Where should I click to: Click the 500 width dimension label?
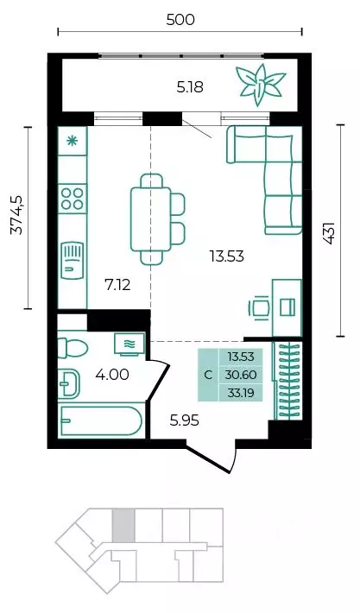click(180, 19)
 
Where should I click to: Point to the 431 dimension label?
click(329, 233)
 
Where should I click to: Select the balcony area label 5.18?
click(190, 87)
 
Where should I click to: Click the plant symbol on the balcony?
click(260, 84)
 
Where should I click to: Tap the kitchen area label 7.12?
click(117, 286)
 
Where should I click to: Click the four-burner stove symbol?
click(73, 199)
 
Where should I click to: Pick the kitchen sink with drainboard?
click(73, 260)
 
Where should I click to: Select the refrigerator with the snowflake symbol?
click(73, 141)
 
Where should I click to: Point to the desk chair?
click(259, 307)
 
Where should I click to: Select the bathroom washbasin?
click(69, 383)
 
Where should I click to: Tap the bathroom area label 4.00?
click(112, 375)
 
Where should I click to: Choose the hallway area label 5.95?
click(185, 420)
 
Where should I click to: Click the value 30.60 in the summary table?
click(241, 375)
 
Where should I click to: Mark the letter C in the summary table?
click(208, 375)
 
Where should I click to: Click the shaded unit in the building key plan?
click(123, 525)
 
